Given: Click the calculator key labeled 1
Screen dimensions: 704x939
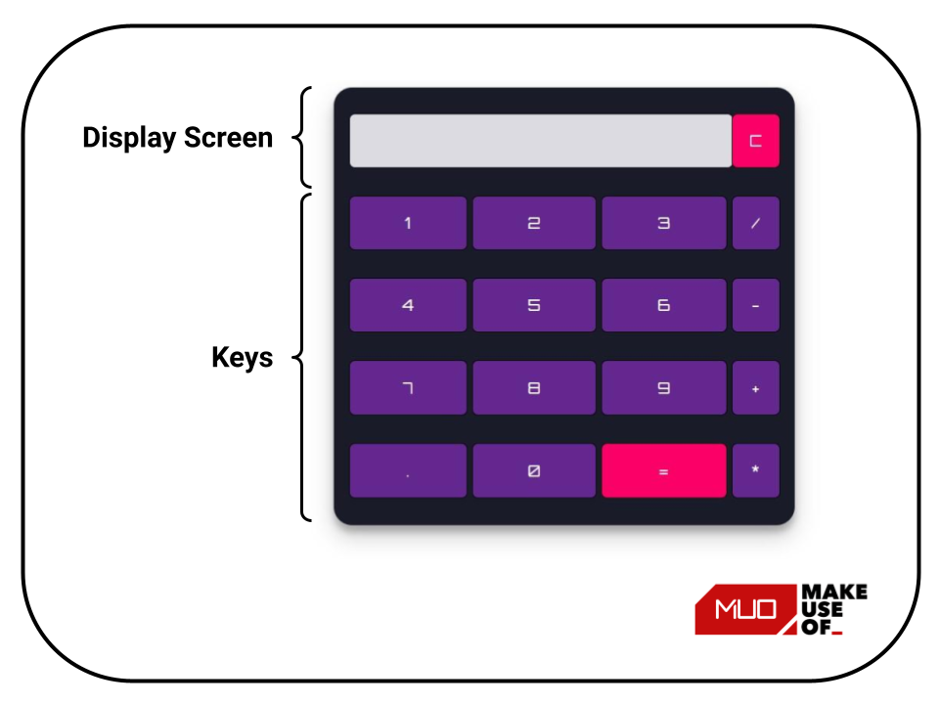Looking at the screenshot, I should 408,223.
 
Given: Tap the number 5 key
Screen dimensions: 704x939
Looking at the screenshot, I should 534,305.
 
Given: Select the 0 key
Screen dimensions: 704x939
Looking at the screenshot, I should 534,470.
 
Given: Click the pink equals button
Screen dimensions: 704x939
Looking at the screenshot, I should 663,470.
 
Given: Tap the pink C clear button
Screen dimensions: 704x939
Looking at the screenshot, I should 755,141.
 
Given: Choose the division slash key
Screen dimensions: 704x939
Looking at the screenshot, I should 755,223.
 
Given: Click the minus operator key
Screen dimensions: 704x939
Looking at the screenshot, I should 755,305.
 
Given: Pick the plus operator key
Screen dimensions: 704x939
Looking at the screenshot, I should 755,388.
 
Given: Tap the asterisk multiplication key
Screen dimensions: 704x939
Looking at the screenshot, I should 755,470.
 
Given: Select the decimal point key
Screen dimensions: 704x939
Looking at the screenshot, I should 408,470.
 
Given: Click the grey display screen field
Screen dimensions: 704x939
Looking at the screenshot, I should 540,141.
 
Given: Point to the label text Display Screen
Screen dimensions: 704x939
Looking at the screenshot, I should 177,138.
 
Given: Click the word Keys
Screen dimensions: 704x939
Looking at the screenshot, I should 242,358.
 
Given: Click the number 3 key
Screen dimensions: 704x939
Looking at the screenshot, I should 663,223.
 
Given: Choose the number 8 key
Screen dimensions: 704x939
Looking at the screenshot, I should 534,388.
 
